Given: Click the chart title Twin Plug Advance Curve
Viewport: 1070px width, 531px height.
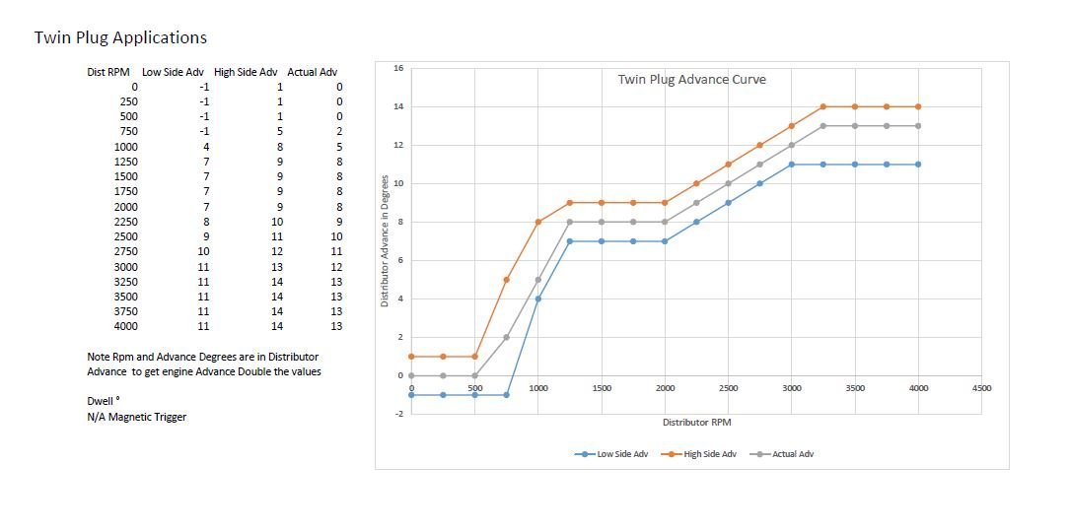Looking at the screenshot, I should pyautogui.click(x=691, y=80).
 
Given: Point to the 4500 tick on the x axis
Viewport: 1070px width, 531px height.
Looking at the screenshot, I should pyautogui.click(x=981, y=388).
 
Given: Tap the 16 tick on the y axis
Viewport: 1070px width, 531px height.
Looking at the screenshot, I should pyautogui.click(x=397, y=68).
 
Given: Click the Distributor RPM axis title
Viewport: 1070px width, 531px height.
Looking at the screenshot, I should pyautogui.click(x=696, y=422).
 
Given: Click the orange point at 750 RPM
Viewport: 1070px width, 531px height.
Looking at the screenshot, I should pyautogui.click(x=506, y=280).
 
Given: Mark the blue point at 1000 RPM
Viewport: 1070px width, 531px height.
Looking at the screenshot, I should pyautogui.click(x=538, y=299).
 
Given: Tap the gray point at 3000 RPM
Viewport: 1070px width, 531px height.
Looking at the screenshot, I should pyautogui.click(x=792, y=145).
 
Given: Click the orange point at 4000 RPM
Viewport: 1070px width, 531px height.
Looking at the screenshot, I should pyautogui.click(x=918, y=106).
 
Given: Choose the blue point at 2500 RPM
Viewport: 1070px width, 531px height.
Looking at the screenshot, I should pyautogui.click(x=728, y=203).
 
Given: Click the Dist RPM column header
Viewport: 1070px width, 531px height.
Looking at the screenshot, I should pyautogui.click(x=109, y=72).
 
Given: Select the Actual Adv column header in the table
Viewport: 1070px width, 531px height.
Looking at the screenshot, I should pyautogui.click(x=312, y=72).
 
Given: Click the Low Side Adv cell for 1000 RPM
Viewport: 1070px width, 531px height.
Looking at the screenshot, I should pyautogui.click(x=205, y=147).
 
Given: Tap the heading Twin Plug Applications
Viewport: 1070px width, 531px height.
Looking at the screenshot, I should pyautogui.click(x=120, y=37).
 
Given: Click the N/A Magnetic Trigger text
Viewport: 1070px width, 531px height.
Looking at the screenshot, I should pyautogui.click(x=136, y=417).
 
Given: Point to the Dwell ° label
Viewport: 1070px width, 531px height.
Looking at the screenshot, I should pyautogui.click(x=104, y=401).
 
